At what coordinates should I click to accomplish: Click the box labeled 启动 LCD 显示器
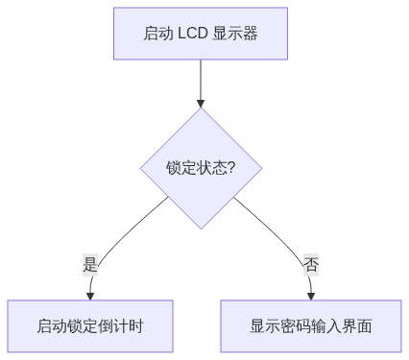click(x=200, y=34)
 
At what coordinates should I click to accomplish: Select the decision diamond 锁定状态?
click(x=201, y=168)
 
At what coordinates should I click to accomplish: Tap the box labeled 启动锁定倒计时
click(x=90, y=326)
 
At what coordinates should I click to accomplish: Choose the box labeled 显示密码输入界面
click(x=311, y=326)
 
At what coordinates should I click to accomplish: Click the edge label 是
click(x=90, y=265)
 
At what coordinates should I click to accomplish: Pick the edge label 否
click(x=311, y=265)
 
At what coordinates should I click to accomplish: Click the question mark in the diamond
click(x=231, y=168)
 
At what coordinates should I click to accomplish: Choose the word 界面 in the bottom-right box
click(x=357, y=326)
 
